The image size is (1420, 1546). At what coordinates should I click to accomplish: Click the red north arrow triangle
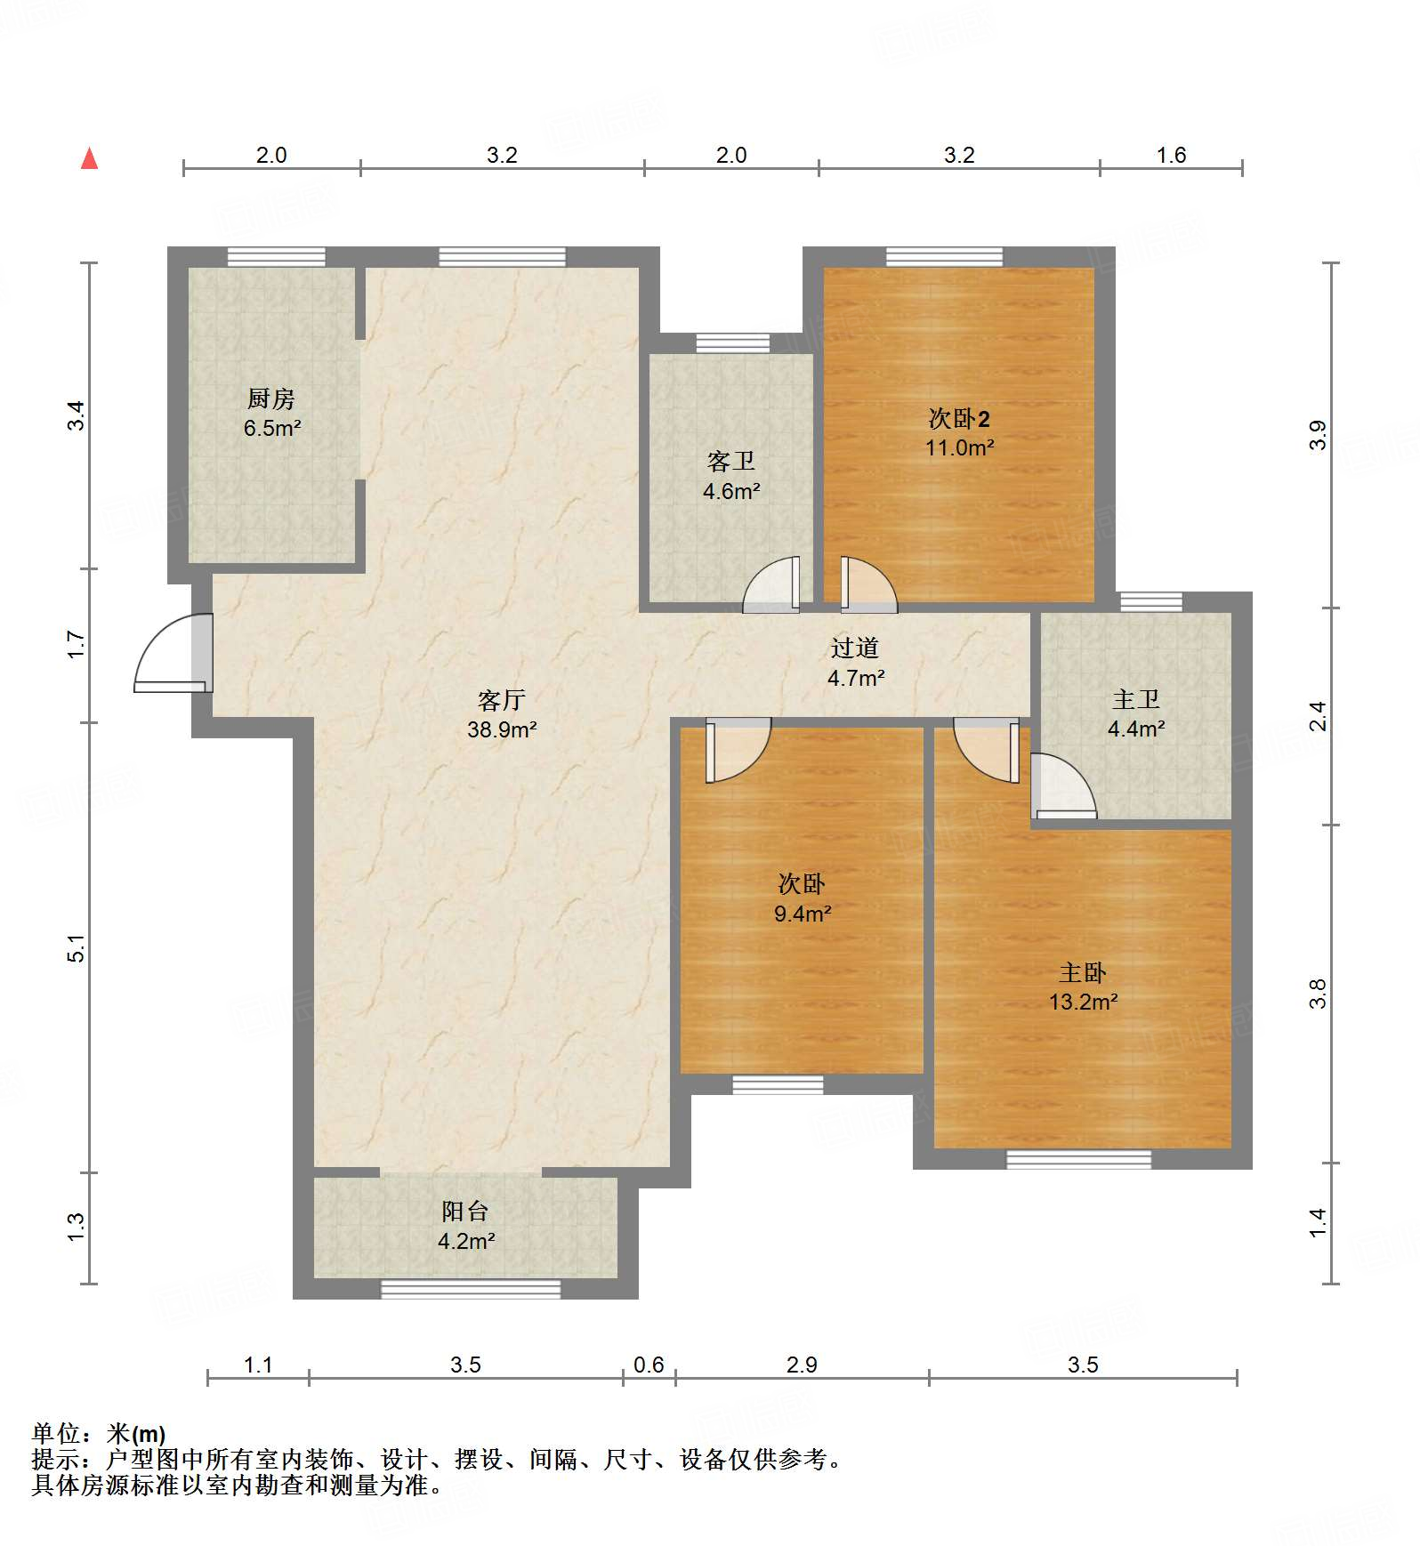(89, 159)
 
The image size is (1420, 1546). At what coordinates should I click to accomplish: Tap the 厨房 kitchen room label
(271, 399)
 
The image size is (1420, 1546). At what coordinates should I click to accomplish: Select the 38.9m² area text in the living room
(502, 730)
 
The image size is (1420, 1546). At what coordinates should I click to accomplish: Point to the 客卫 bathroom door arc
(771, 584)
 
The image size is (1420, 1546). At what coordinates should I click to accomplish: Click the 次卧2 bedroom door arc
(868, 585)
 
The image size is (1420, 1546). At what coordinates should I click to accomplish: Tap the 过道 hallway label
(855, 648)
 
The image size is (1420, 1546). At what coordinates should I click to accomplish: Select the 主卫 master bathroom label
(1136, 700)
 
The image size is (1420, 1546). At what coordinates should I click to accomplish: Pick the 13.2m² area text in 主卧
(1083, 1002)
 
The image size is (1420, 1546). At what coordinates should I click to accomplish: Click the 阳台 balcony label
(465, 1212)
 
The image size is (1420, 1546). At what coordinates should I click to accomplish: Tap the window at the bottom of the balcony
(471, 1289)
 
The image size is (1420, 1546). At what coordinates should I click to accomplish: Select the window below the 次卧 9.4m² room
(778, 1084)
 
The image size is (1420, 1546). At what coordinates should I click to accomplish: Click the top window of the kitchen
(276, 256)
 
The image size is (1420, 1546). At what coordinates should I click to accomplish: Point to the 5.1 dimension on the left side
(77, 948)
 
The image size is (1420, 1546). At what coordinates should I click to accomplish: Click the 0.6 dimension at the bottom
(649, 1365)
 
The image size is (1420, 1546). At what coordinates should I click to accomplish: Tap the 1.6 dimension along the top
(1171, 156)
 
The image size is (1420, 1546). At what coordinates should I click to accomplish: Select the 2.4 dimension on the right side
(1319, 716)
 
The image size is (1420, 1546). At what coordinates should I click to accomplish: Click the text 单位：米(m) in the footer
(99, 1434)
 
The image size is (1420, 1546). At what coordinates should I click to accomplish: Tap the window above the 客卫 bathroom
(732, 343)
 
